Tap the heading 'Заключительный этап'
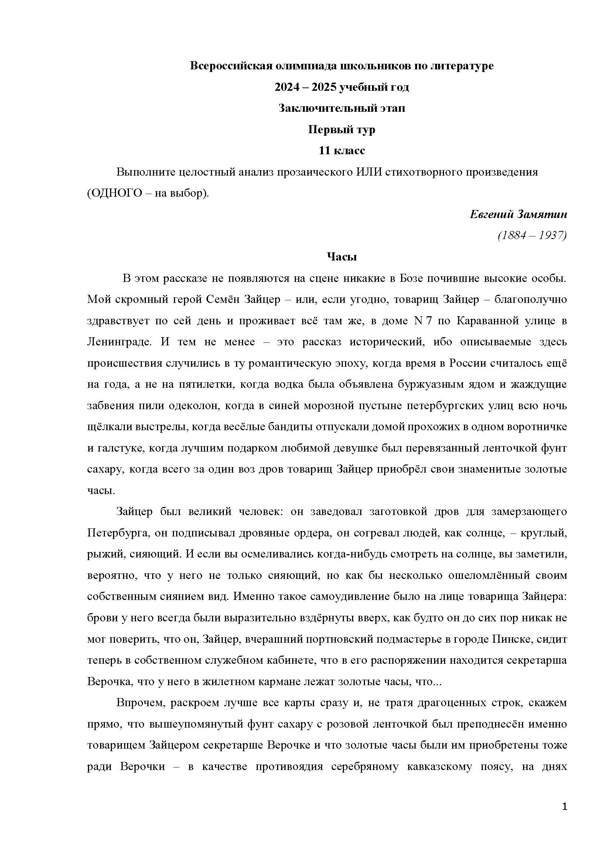[x=342, y=108]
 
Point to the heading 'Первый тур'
[x=342, y=130]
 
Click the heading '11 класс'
[x=342, y=151]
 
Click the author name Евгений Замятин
[x=518, y=214]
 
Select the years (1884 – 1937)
[x=532, y=235]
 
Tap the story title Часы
[x=342, y=257]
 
